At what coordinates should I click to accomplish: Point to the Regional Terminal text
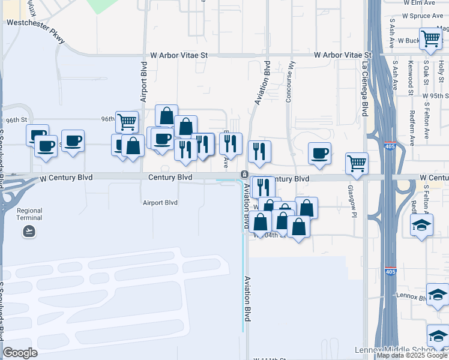(x=29, y=214)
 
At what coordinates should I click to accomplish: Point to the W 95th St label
(x=435, y=96)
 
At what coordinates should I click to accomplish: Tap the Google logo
(x=21, y=353)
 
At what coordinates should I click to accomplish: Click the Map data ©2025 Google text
(x=412, y=355)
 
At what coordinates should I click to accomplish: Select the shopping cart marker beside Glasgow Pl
(x=357, y=163)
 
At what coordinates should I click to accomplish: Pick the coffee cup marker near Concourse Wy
(x=320, y=152)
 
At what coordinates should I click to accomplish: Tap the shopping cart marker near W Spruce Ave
(x=431, y=38)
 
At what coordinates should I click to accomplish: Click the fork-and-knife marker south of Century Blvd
(x=262, y=187)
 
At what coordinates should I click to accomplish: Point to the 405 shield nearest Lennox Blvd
(x=390, y=272)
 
